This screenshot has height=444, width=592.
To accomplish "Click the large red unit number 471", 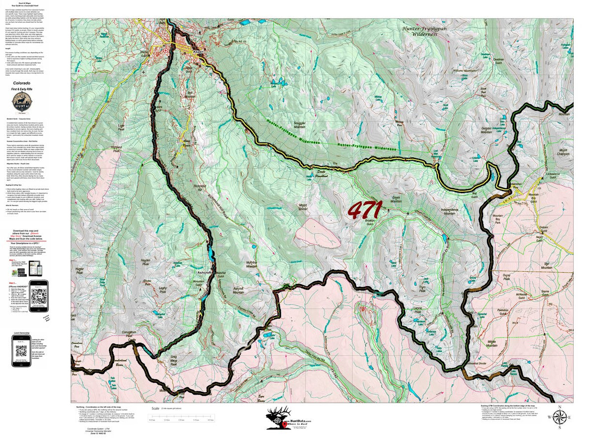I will pos(365,210).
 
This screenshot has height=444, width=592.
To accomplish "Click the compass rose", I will pos(559,417).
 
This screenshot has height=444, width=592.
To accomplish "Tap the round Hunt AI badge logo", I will pos(23,103).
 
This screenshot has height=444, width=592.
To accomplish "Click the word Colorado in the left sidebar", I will pos(23,83).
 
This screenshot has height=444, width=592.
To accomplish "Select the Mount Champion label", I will pos(564,151).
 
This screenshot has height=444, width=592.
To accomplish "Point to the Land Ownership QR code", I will pos(21,351).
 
